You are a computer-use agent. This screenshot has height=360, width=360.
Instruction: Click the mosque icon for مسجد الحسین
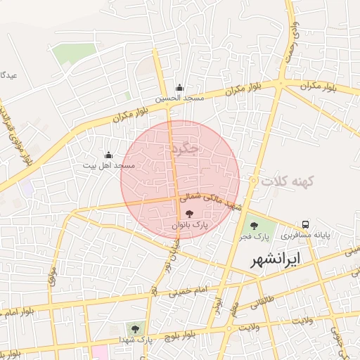(x=180, y=87)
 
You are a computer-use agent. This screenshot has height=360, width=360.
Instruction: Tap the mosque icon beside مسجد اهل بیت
(x=108, y=155)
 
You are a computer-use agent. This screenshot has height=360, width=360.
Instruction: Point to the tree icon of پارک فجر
(x=254, y=226)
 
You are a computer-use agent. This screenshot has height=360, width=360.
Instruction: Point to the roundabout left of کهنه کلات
(x=253, y=181)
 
